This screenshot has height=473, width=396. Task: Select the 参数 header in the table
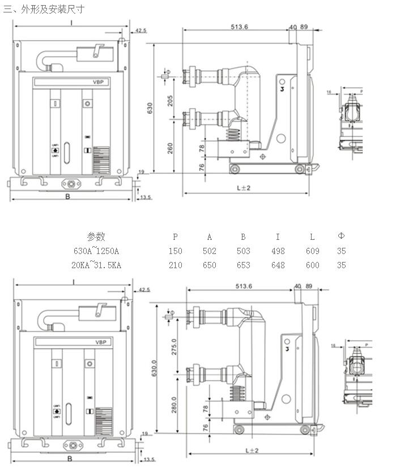click(x=96, y=236)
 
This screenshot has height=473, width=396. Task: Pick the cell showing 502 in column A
click(x=209, y=251)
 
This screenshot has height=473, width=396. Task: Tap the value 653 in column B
click(x=244, y=265)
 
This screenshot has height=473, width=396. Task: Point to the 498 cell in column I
click(x=278, y=251)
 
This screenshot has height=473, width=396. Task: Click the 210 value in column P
click(x=176, y=265)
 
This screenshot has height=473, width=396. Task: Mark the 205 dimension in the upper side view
click(x=171, y=100)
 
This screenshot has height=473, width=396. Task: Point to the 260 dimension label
click(x=171, y=148)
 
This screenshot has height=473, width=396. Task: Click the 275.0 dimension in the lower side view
click(x=174, y=346)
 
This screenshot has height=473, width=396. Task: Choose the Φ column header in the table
click(x=341, y=236)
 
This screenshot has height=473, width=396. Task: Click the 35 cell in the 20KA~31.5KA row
click(x=341, y=265)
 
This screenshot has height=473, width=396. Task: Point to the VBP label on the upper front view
click(x=99, y=82)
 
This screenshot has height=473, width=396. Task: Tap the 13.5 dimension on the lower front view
click(x=147, y=459)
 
